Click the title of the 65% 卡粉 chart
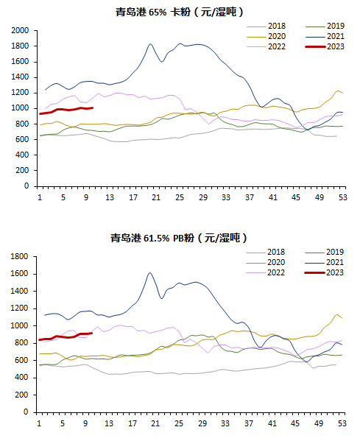click(x=180, y=12)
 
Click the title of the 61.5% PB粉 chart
click(x=179, y=239)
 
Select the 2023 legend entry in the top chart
click(x=325, y=46)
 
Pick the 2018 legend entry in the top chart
click(x=267, y=26)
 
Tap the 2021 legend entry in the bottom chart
click(x=324, y=262)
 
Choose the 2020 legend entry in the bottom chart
click(x=266, y=262)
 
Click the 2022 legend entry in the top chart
click(x=267, y=46)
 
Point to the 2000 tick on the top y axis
click(x=20, y=30)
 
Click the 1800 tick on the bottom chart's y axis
click(x=19, y=256)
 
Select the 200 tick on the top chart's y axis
click(x=22, y=171)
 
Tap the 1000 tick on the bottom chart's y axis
click(x=19, y=325)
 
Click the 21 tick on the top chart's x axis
click(x=156, y=197)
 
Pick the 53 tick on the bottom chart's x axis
click(x=342, y=423)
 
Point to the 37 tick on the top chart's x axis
click(x=249, y=197)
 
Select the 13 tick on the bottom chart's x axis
click(x=109, y=423)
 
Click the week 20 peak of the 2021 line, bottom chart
click(x=149, y=273)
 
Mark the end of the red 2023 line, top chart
click(x=93, y=107)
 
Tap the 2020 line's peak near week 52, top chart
click(x=337, y=91)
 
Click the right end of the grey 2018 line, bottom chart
click(x=336, y=364)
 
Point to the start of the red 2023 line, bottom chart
click(x=39, y=339)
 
